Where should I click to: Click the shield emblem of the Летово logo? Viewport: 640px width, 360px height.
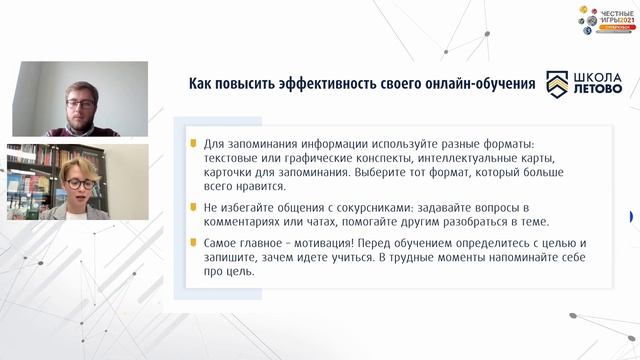coord(556,84)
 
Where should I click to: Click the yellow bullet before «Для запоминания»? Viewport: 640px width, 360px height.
coord(194,143)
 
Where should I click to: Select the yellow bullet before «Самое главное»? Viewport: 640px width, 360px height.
coord(194,241)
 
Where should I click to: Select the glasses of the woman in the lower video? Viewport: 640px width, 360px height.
coord(80,184)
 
